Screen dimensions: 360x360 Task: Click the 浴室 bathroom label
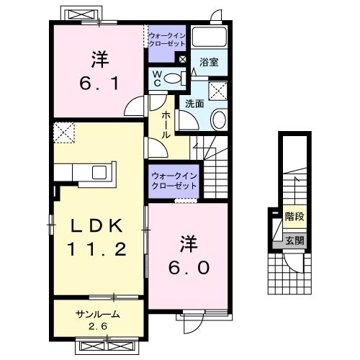[210, 63]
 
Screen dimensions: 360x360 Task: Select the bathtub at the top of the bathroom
[210, 37]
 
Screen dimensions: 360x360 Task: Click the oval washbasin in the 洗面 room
[220, 120]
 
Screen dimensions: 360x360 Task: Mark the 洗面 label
[193, 103]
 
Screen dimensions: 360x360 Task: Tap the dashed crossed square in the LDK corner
[64, 134]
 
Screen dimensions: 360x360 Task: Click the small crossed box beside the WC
[181, 60]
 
